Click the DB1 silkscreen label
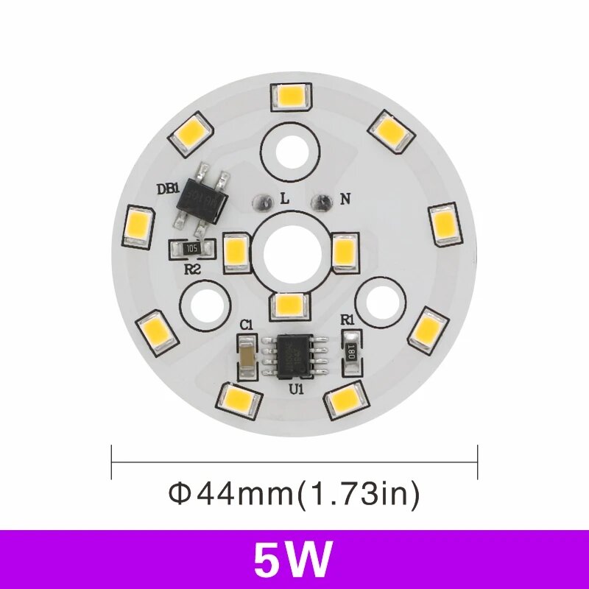click(169, 188)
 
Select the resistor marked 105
click(192, 249)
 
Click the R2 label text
click(192, 269)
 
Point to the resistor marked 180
click(352, 347)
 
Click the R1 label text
click(348, 320)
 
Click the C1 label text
click(247, 324)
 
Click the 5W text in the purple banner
click(293, 560)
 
